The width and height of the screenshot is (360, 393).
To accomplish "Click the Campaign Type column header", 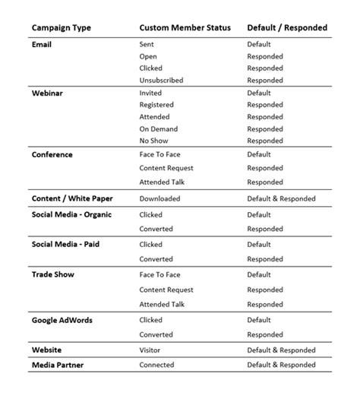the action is click(x=62, y=28).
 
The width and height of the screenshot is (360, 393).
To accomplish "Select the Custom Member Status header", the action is click(x=184, y=28).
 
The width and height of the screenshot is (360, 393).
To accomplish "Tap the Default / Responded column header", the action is click(x=287, y=28).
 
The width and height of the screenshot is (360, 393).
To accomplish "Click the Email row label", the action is click(x=43, y=44).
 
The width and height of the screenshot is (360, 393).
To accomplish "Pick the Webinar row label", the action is click(x=47, y=93).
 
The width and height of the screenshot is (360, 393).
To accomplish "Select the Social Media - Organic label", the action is click(x=71, y=214).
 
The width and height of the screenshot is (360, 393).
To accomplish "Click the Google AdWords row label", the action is click(x=62, y=320).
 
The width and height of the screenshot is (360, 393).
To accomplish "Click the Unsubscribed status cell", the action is click(x=161, y=81).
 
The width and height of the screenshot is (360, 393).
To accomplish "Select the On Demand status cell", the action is click(x=158, y=129).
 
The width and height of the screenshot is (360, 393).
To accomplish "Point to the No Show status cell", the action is click(x=155, y=141).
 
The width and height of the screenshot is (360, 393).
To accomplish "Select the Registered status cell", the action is click(x=156, y=105).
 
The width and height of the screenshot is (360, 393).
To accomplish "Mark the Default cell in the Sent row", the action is click(x=258, y=45).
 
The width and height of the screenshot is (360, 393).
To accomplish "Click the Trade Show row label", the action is click(x=53, y=274).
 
